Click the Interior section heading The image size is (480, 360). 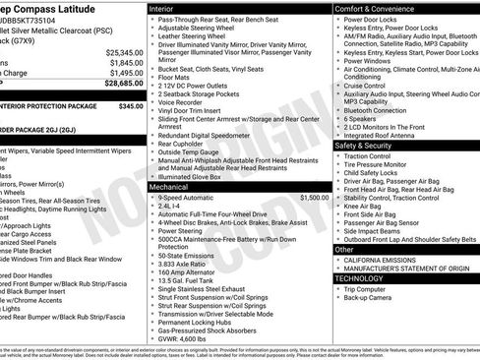click(164, 8)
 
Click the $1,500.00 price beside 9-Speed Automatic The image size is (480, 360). click(313, 197)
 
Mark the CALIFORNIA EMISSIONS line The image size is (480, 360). click(384, 259)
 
